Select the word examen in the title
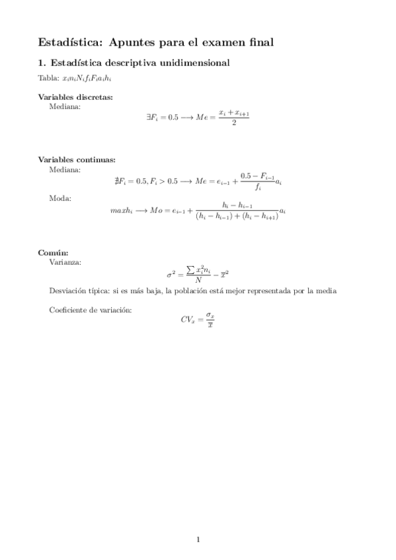click(221, 42)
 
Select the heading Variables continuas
click(77, 159)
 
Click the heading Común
click(54, 252)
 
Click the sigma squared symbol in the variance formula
click(171, 274)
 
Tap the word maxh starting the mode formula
click(122, 211)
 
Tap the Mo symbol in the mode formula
click(156, 211)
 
